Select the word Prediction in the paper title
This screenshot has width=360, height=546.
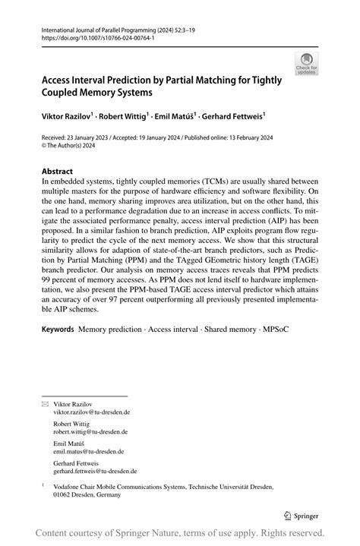pos(138,78)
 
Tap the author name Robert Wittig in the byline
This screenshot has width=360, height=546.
pos(127,118)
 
